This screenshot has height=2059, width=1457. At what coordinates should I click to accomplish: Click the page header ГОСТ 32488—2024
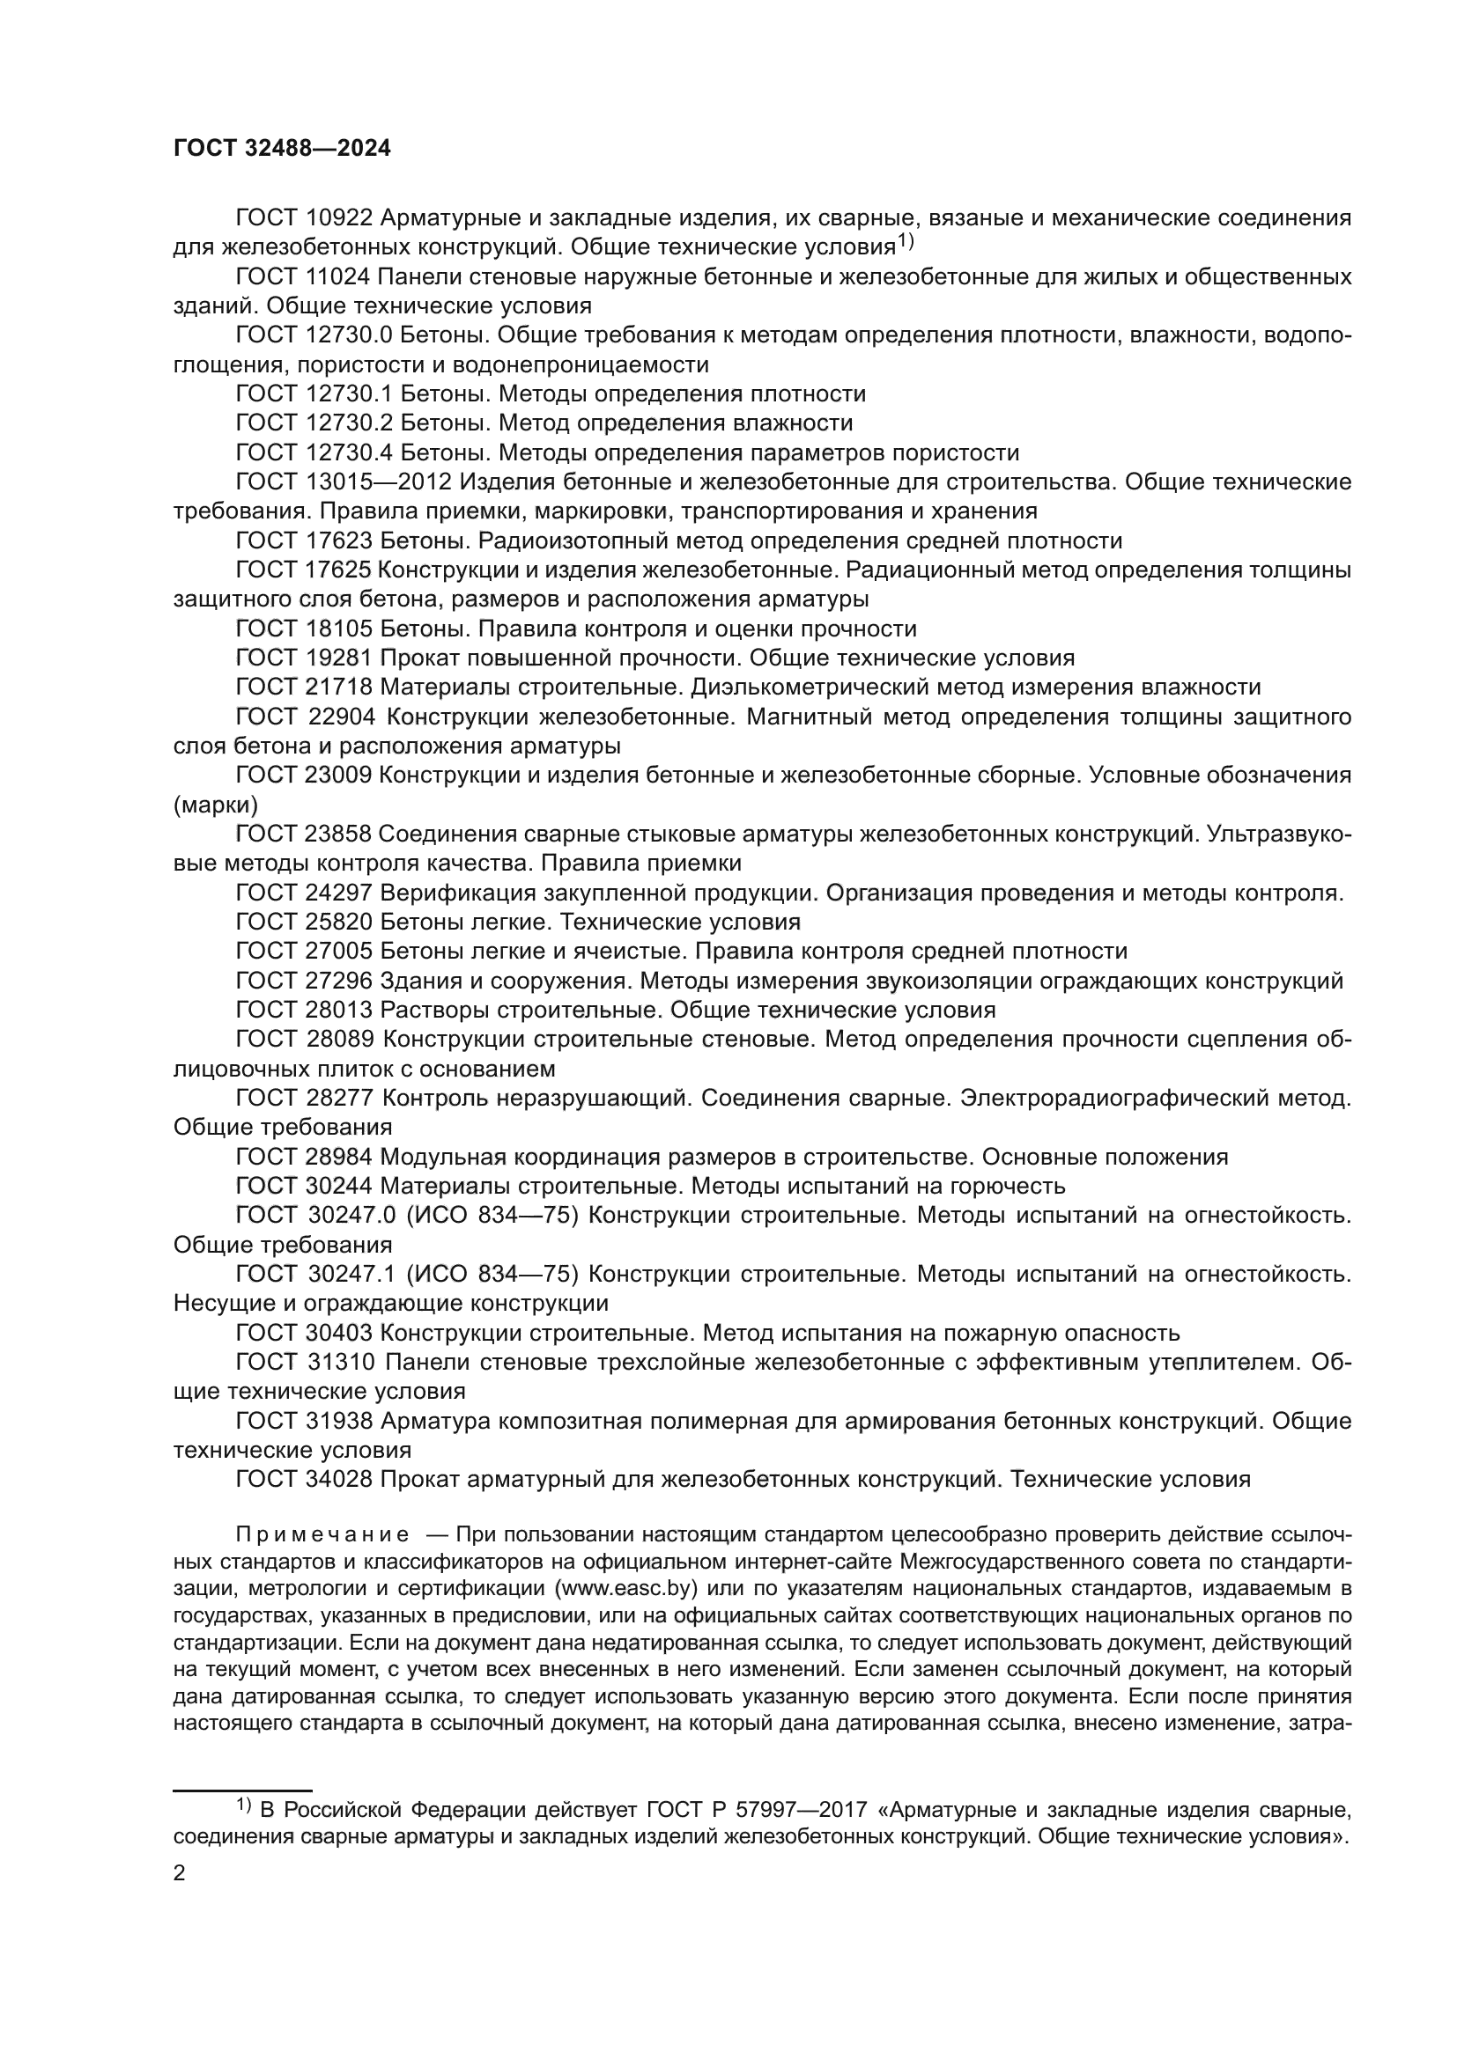point(282,149)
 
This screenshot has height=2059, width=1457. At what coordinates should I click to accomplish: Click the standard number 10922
point(338,218)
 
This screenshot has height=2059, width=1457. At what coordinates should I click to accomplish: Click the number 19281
point(338,658)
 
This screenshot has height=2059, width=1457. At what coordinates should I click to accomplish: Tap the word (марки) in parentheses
point(215,805)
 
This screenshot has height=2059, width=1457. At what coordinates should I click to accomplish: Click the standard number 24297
point(338,893)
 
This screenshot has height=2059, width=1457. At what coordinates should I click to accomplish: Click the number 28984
point(338,1157)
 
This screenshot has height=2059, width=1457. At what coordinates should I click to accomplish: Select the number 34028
point(338,1480)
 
